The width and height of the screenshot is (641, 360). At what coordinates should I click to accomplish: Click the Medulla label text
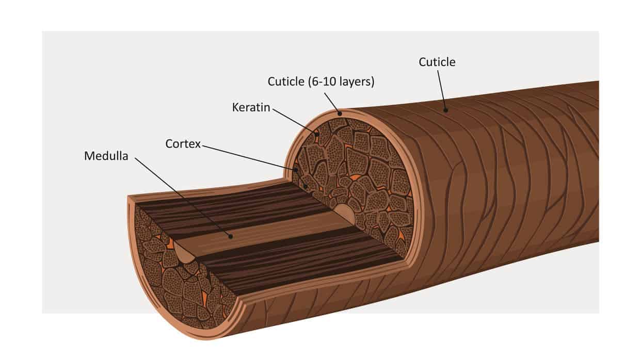106,156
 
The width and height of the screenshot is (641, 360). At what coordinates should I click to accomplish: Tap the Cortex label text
183,144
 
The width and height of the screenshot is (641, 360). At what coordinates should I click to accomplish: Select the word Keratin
251,107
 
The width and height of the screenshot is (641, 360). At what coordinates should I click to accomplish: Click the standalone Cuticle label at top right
437,62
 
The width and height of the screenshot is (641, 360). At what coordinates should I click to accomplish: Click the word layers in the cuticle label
357,82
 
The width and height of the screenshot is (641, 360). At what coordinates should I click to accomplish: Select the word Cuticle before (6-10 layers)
286,82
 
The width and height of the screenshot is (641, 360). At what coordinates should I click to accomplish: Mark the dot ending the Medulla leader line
231,237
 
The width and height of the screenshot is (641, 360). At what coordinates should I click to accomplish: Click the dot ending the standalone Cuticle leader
445,110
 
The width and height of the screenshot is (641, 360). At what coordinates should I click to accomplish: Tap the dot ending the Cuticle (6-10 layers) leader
340,113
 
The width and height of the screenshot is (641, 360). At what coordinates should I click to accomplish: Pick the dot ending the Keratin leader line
317,134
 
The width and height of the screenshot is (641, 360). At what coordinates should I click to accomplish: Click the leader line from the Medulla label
183,198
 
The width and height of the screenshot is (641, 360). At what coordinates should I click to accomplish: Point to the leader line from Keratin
295,121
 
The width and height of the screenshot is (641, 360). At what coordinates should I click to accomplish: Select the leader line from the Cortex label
249,158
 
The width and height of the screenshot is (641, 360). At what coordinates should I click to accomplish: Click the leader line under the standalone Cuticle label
442,90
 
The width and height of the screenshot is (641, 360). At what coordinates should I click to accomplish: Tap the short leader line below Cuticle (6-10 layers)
332,103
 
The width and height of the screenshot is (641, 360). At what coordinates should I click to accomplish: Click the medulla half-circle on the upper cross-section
345,213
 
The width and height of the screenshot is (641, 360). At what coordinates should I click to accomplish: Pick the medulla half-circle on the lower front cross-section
183,253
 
